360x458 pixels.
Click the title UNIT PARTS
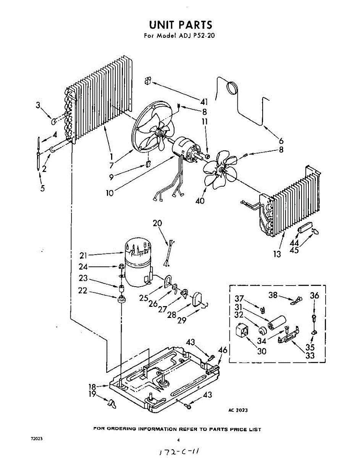click(180, 25)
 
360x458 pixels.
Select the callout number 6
click(281, 140)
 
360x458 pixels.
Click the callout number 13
click(277, 254)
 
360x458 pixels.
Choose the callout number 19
click(92, 395)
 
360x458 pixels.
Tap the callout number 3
click(38, 106)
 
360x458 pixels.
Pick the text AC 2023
click(238, 410)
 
